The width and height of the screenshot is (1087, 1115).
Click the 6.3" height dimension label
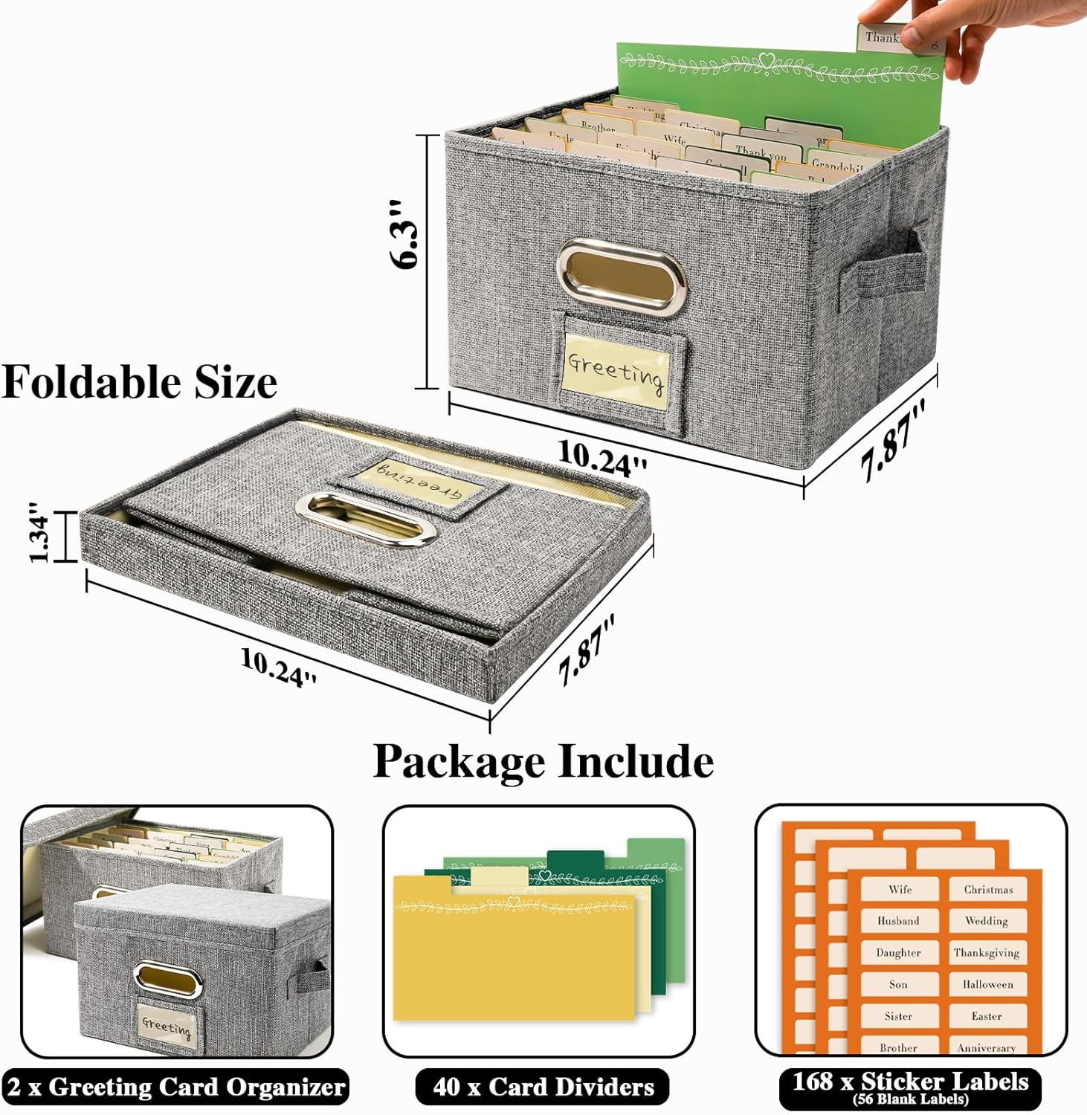[405, 233]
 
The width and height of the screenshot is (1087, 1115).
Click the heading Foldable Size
[140, 382]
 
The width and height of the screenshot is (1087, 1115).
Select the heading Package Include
[543, 761]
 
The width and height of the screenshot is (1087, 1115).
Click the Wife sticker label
[900, 889]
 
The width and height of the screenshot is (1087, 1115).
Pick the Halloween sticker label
[987, 984]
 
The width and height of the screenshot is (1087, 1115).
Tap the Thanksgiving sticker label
[987, 952]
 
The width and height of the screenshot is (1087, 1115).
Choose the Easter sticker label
[987, 1016]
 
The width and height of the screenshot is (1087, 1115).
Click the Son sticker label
[898, 984]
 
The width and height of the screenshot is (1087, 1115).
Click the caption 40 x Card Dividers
[543, 1087]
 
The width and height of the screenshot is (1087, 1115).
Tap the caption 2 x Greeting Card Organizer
[176, 1087]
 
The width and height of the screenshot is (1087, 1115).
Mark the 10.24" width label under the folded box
[279, 665]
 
